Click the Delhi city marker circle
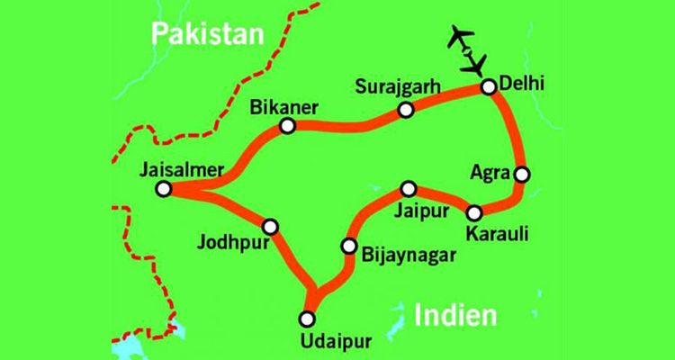488,87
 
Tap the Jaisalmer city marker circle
163,189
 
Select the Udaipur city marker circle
308,318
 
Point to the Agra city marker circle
519,174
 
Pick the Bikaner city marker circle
287,126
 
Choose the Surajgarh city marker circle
406,110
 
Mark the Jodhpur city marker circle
269,226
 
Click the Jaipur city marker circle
409,188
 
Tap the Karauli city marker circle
474,212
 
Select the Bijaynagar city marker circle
348,246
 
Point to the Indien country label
456,316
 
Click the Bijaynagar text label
404,255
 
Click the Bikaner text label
286,106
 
